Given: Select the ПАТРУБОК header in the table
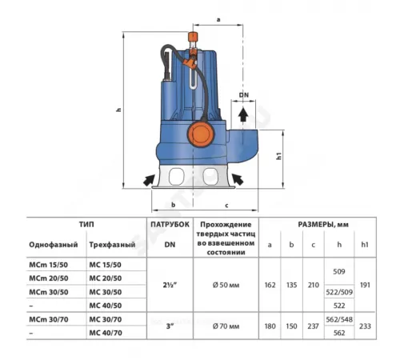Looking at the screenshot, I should [169, 226].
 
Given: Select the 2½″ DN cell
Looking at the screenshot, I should [169, 285].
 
